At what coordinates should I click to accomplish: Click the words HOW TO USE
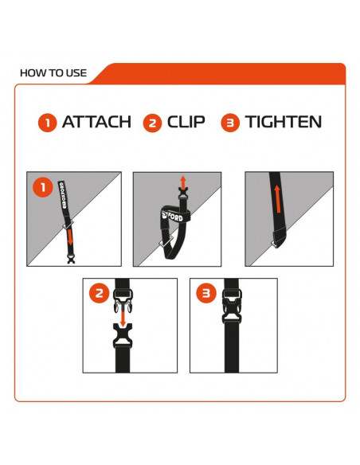[x=53, y=73]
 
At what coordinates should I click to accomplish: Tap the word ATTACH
[x=96, y=122]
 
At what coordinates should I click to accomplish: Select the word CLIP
[x=186, y=122]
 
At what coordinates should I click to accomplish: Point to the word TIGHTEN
[x=284, y=122]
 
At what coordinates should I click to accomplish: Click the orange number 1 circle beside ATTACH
[x=48, y=123]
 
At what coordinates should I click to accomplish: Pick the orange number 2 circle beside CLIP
[x=152, y=123]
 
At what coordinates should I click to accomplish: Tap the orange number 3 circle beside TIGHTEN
[x=230, y=123]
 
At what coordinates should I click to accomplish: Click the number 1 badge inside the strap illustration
[x=43, y=187]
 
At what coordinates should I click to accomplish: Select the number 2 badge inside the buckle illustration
[x=99, y=293]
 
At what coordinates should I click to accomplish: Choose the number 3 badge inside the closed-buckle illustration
[x=206, y=293]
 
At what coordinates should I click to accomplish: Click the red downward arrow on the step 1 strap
[x=70, y=236]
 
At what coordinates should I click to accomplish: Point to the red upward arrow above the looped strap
[x=183, y=182]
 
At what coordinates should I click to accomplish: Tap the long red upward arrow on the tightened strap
[x=277, y=199]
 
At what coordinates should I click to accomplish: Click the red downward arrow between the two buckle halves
[x=122, y=317]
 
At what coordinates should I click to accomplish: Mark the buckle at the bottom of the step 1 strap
[x=71, y=260]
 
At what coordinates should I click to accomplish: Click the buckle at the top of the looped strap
[x=183, y=193]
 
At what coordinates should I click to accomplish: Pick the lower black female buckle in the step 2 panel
[x=123, y=335]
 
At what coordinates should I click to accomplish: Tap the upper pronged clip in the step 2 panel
[x=123, y=300]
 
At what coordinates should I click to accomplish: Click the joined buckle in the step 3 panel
[x=232, y=306]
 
